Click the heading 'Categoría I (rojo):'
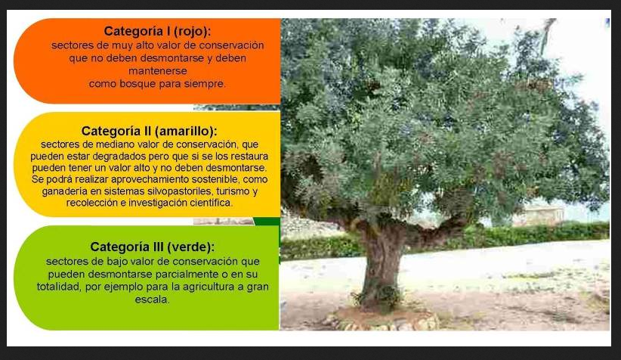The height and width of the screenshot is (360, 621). [x=157, y=31]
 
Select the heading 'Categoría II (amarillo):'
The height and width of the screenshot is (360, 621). [x=150, y=131]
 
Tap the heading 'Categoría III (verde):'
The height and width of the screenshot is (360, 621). [x=153, y=247]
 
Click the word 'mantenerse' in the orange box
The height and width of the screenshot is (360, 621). [x=158, y=71]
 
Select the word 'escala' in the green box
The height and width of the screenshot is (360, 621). [x=151, y=299]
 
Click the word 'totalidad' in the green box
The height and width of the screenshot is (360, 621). [x=59, y=287]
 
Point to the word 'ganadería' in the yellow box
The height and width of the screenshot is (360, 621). [x=61, y=191]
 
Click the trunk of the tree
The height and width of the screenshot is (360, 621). [x=382, y=265]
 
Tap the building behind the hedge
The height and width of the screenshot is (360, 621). [x=539, y=216]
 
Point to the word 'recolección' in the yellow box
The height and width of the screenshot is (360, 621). [x=89, y=203]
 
